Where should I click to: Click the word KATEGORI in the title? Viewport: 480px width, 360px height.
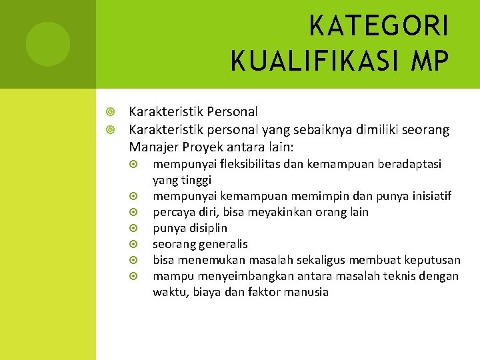click(379, 27)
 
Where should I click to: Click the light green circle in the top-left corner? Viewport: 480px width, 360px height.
click(47, 44)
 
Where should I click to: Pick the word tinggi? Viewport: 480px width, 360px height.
click(195, 180)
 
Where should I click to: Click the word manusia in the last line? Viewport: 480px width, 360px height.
click(306, 292)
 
